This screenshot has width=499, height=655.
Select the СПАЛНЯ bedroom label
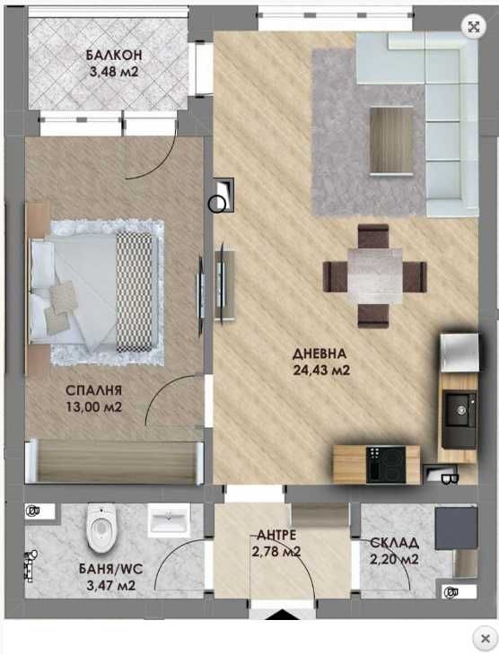click(x=94, y=391)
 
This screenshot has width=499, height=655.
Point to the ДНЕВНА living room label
click(x=319, y=353)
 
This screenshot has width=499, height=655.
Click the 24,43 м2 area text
click(x=320, y=369)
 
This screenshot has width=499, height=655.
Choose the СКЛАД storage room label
click(x=394, y=543)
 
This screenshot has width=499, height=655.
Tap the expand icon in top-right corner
click(x=473, y=26)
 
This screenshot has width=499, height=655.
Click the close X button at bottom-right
click(x=486, y=639)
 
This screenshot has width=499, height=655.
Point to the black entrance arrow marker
click(x=284, y=616)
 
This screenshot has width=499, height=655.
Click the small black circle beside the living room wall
click(x=216, y=204)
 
